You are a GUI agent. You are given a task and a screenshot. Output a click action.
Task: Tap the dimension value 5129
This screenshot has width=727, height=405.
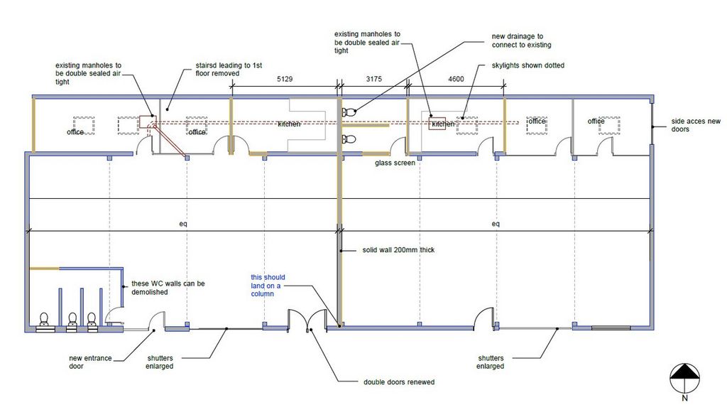pos(285,79)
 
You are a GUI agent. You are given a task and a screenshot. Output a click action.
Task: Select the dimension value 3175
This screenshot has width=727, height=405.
pos(373,79)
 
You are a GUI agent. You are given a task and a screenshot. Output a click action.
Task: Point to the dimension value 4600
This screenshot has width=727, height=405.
pos(456,79)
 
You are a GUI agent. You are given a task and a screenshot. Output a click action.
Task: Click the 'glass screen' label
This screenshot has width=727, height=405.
pos(395,163)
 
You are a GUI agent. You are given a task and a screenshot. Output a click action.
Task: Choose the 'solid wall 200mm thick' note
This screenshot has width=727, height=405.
pos(398,249)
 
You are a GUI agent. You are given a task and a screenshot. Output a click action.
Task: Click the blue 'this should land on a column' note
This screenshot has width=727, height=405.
pos(268,286)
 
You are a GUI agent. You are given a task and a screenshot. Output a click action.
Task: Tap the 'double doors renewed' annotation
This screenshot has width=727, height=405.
pos(399,382)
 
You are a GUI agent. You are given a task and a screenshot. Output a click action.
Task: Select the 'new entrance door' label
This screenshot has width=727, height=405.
pos(90,362)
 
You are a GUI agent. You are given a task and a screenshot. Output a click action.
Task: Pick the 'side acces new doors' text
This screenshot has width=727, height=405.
pos(696,125)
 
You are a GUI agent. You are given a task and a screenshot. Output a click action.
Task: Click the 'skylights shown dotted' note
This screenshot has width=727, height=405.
pos(528,65)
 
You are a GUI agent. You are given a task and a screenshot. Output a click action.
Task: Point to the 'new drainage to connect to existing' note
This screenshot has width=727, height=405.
pos(521,40)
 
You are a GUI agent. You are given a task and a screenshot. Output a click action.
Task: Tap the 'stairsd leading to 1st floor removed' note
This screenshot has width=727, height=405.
pos(229,69)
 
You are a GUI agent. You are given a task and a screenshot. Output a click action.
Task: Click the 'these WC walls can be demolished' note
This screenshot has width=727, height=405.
pos(168,288)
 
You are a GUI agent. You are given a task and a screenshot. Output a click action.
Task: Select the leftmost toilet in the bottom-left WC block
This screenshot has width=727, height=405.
pos(44,321)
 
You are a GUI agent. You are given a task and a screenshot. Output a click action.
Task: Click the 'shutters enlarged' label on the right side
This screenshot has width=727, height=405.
pos(491,362)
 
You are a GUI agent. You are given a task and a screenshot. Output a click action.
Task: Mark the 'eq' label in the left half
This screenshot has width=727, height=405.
pos(183,224)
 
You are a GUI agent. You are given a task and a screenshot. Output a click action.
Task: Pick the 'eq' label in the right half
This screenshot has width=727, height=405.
pos(496,224)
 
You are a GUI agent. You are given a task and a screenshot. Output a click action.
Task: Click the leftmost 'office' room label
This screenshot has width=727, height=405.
pos(75,132)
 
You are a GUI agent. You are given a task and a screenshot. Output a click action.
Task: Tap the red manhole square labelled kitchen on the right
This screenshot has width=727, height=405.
pos(437,124)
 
